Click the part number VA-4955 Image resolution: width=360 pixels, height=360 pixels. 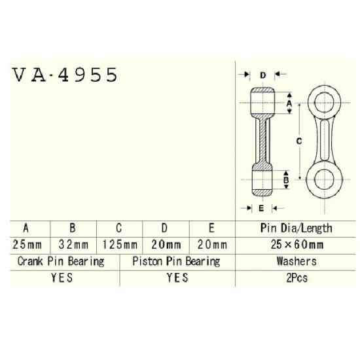coord(65,75)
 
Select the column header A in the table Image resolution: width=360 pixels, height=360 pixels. coord(26,228)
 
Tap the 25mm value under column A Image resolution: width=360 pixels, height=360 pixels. coord(27,245)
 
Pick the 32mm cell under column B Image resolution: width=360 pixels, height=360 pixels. coord(73,245)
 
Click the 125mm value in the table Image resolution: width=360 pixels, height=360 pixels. coord(120,245)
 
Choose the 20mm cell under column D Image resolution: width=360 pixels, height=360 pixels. coord(166,245)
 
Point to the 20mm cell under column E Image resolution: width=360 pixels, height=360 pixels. coord(212,245)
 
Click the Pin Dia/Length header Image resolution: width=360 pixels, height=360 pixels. coord(296,228)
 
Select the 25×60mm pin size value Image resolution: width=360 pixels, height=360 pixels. coord(297,245)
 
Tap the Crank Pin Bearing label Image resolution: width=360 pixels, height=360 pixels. coord(61,262)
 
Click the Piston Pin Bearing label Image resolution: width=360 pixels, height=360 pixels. coord(176,262)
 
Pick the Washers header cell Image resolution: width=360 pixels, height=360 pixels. coord(297,261)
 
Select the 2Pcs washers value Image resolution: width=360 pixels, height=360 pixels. coord(297,278)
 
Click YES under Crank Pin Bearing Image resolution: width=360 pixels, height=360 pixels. coord(62,278)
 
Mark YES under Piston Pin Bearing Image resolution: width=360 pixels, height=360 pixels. coord(177,278)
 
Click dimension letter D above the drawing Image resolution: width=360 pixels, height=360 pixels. coord(263,75)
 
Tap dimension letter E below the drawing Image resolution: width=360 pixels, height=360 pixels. coord(261,208)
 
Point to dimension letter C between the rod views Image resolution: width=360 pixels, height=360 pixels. coord(299,141)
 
